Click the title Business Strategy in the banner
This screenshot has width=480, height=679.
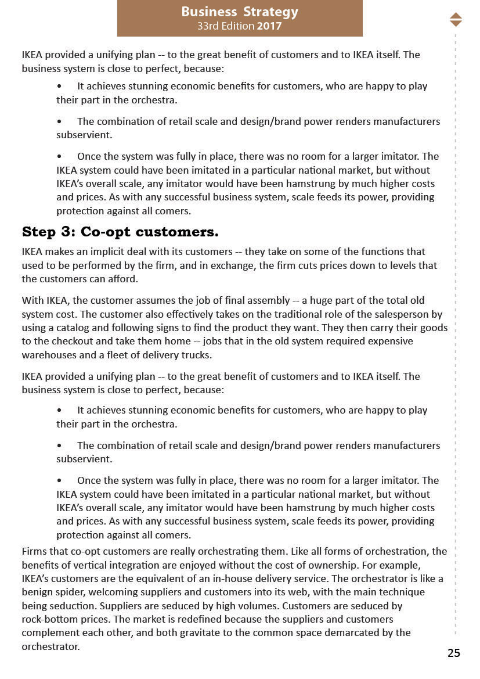click(240, 12)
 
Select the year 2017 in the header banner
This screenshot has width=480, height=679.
click(269, 26)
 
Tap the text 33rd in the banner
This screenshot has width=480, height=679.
click(208, 26)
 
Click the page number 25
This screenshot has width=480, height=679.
click(453, 653)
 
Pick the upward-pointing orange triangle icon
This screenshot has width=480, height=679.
click(456, 16)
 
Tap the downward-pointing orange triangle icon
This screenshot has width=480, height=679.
click(456, 23)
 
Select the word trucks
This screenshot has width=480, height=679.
click(196, 354)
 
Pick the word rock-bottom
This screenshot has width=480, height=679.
click(51, 619)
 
